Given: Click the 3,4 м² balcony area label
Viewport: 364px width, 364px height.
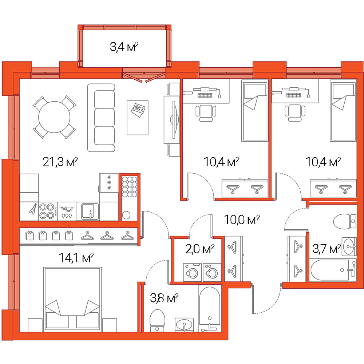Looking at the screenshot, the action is (124, 47).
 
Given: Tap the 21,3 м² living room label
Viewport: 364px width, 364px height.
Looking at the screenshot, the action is (60, 162).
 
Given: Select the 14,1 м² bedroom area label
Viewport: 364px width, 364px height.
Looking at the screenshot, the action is (76, 257).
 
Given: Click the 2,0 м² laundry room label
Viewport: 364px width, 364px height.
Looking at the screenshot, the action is (200, 249).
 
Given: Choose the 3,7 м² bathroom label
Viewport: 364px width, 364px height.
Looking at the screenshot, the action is (327, 249).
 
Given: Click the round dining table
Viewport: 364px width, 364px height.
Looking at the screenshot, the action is (54, 117).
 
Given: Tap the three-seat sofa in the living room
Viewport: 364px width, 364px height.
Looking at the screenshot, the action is (101, 118).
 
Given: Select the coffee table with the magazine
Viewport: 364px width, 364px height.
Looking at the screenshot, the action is (138, 118).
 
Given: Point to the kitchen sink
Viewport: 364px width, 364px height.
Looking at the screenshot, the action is (90, 211).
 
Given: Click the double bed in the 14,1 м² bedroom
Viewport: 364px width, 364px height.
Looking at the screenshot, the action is (72, 299).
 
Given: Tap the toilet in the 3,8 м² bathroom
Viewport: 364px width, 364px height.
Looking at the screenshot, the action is (157, 320).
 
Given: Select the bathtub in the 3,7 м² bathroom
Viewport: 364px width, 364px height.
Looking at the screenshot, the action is (333, 270).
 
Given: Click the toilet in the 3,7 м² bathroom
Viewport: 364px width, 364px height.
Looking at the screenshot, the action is (344, 221).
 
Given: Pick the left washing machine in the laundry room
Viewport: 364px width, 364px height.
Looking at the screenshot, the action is (192, 272).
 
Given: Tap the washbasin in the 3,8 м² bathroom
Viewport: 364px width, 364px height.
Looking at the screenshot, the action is (184, 325).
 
